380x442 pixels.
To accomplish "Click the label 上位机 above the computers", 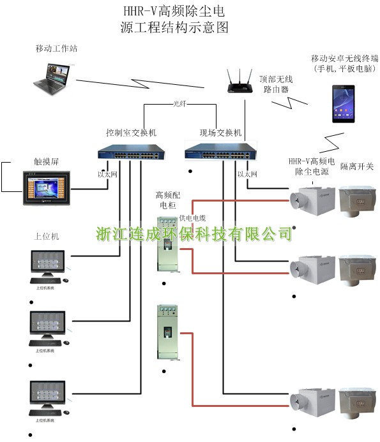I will [46, 236].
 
